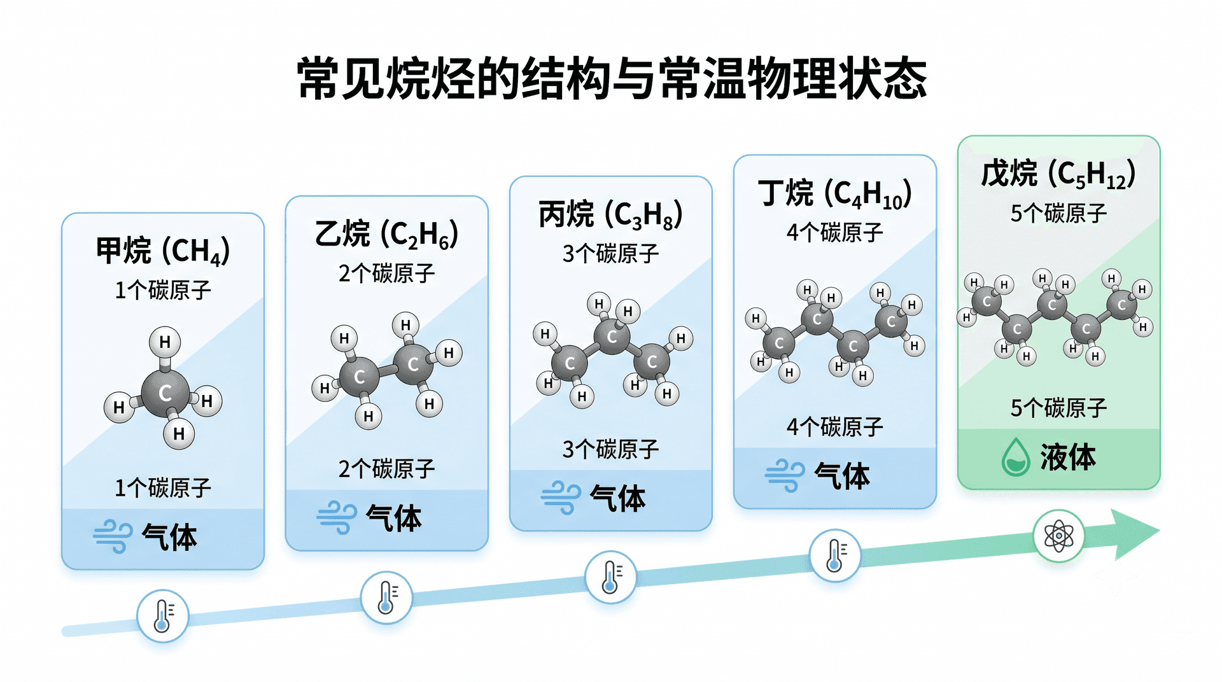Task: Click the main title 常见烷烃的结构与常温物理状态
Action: [x=612, y=78]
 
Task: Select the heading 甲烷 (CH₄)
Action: [x=163, y=251]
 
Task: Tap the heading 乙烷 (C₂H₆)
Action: [x=387, y=233]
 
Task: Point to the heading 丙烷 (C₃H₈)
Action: [x=611, y=214]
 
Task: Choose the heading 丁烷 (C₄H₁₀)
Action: [x=835, y=193]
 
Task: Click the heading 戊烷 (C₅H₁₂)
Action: [x=1059, y=174]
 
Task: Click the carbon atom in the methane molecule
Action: [x=165, y=393]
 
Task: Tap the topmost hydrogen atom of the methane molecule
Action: [x=165, y=342]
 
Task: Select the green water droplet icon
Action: [x=1015, y=457]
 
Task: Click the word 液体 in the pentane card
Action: [x=1068, y=457]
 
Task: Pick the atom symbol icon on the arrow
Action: [x=1058, y=536]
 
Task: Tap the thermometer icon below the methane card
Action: [x=163, y=616]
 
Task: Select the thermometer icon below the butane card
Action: [x=835, y=555]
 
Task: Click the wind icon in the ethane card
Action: [x=337, y=517]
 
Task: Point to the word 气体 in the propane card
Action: [x=617, y=498]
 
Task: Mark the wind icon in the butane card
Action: [x=785, y=476]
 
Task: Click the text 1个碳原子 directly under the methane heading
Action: [x=163, y=291]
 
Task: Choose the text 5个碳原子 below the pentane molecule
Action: [x=1059, y=408]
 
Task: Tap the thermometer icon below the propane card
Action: [x=611, y=577]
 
